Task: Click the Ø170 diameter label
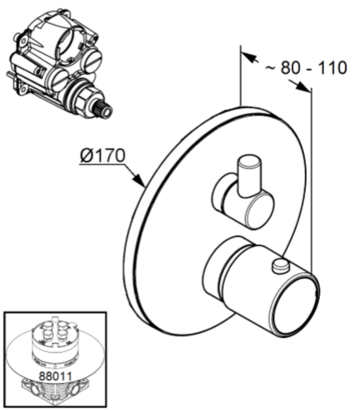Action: point(103,155)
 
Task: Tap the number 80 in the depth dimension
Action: point(290,67)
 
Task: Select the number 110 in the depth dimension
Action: point(332,67)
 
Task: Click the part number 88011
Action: point(56,376)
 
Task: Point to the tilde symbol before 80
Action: point(271,67)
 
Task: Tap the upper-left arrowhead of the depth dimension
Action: point(248,57)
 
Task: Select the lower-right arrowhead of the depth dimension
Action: point(303,86)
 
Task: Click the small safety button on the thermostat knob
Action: point(280,267)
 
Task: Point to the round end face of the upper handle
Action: point(260,210)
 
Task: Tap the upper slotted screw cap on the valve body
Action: point(93,59)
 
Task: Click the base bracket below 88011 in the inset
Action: point(56,391)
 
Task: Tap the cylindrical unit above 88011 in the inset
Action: point(54,343)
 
